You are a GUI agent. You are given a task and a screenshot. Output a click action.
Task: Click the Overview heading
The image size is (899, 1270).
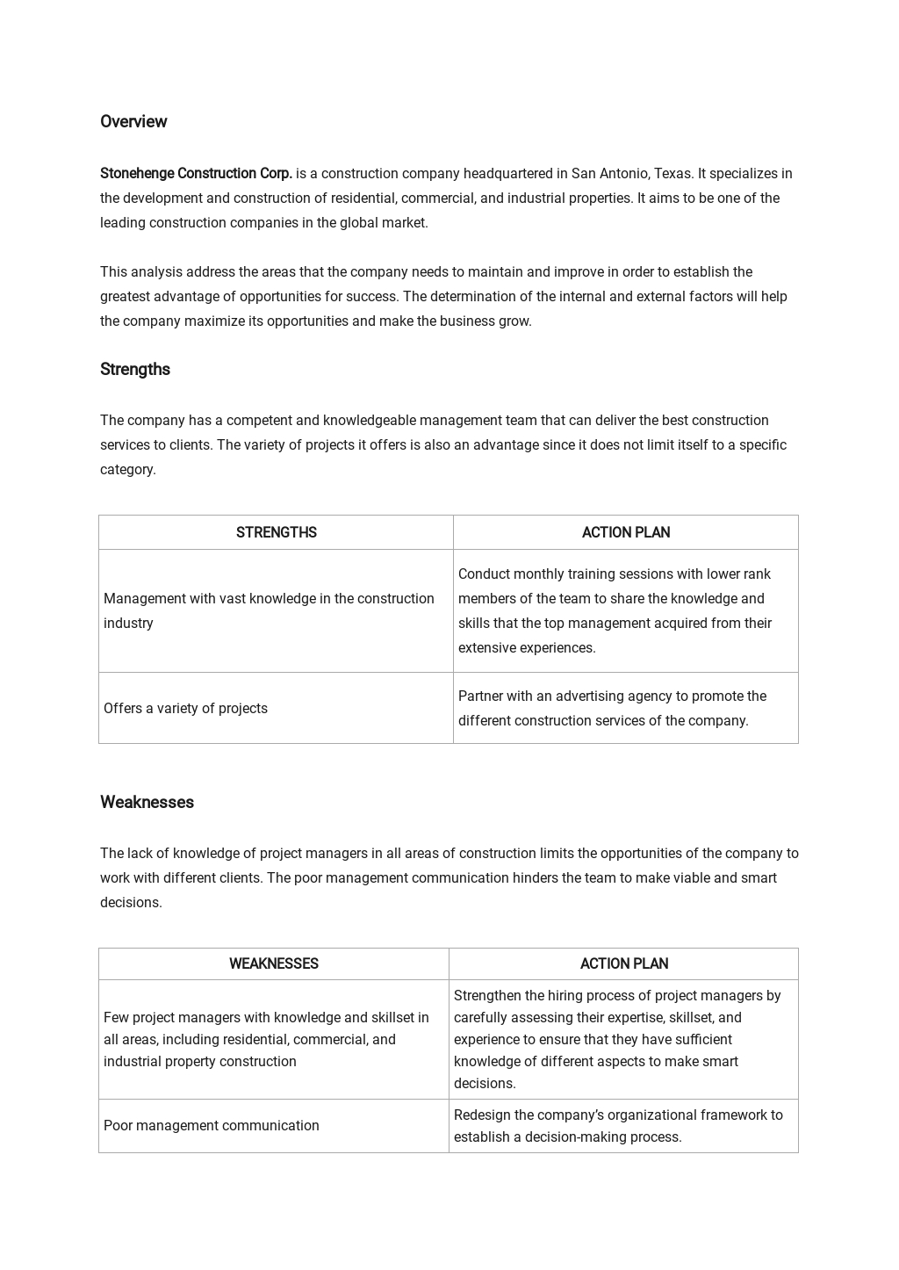(133, 122)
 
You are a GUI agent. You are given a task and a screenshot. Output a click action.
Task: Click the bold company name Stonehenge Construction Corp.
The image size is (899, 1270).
(196, 174)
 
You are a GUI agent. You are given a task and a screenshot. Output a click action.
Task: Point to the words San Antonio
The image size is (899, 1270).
(610, 174)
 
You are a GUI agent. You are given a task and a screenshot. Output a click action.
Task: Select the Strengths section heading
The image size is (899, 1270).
(135, 370)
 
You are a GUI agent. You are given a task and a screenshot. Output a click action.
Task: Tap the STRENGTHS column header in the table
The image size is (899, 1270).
(276, 533)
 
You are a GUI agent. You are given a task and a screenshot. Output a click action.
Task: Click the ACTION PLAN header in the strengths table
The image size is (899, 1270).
(625, 533)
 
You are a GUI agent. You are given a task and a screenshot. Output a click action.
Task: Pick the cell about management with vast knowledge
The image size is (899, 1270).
(269, 611)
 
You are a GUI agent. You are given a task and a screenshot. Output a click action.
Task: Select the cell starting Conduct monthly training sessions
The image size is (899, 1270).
(615, 611)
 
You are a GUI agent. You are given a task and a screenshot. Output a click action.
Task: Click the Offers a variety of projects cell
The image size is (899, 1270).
(185, 709)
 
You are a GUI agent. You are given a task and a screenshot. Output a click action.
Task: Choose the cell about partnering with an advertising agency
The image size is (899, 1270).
(612, 709)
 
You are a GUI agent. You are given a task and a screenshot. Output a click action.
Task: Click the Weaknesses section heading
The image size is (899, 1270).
(147, 803)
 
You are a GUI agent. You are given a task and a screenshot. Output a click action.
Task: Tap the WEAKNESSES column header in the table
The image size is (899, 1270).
(273, 964)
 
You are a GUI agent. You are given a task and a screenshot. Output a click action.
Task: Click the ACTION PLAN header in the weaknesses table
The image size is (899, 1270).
(623, 964)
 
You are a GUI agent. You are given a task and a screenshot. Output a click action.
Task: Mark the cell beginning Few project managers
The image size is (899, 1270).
(266, 1040)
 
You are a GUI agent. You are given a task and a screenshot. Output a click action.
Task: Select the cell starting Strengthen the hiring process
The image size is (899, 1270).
(616, 1040)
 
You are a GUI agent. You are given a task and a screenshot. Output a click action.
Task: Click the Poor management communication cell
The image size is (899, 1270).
(212, 1126)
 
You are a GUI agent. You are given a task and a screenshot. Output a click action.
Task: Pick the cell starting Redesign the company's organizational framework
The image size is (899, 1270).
(617, 1126)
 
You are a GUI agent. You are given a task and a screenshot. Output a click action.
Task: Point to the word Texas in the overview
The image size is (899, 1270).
(672, 174)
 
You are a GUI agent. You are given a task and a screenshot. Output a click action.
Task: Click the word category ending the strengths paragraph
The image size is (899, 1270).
(127, 470)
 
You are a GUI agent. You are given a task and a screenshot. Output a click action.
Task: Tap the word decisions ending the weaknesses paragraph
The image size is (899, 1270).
(130, 903)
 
